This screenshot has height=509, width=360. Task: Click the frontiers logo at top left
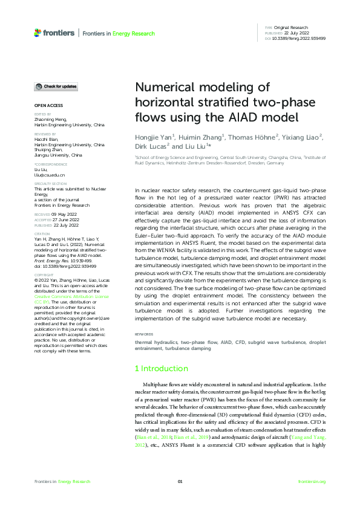(x=54, y=33)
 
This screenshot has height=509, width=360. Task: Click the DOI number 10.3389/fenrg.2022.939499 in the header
(x=299, y=38)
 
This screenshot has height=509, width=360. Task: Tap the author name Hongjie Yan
(x=154, y=137)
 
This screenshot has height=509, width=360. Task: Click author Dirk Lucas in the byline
(x=152, y=146)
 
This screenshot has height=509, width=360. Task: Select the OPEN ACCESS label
(x=48, y=106)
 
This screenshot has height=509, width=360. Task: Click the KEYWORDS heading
(x=143, y=334)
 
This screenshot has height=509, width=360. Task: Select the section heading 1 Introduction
(x=162, y=368)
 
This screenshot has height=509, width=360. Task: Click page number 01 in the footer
(x=180, y=481)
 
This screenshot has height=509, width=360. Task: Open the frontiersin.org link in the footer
(x=312, y=481)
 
